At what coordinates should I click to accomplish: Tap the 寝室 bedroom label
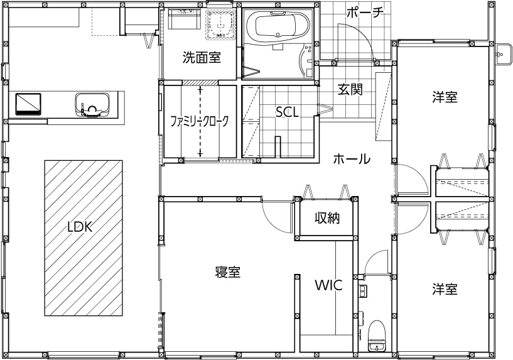click(x=228, y=272)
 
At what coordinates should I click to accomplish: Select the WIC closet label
click(x=328, y=285)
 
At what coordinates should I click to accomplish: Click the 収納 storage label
click(x=327, y=219)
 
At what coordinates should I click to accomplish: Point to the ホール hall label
click(x=351, y=160)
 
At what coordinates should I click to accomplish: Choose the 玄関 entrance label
click(x=350, y=89)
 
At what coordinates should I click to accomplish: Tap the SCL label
click(x=287, y=111)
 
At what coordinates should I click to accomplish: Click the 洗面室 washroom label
click(x=201, y=58)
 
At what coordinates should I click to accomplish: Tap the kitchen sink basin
click(x=94, y=102)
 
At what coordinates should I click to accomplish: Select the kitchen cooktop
click(x=28, y=102)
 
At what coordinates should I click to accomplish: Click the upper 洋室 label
click(x=444, y=97)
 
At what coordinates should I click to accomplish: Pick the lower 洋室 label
click(x=444, y=290)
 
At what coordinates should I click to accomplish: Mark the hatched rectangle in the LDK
click(x=84, y=238)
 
